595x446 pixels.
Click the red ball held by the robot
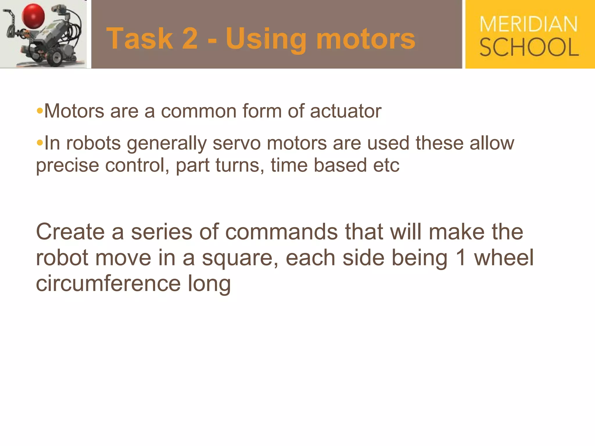33,16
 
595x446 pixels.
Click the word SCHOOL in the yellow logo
529,47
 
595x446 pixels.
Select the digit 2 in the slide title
190,39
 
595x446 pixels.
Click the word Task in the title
140,39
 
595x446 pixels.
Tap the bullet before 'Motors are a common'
40,111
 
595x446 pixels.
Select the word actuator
345,111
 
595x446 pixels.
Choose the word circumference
108,283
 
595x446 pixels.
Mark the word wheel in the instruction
504,258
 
